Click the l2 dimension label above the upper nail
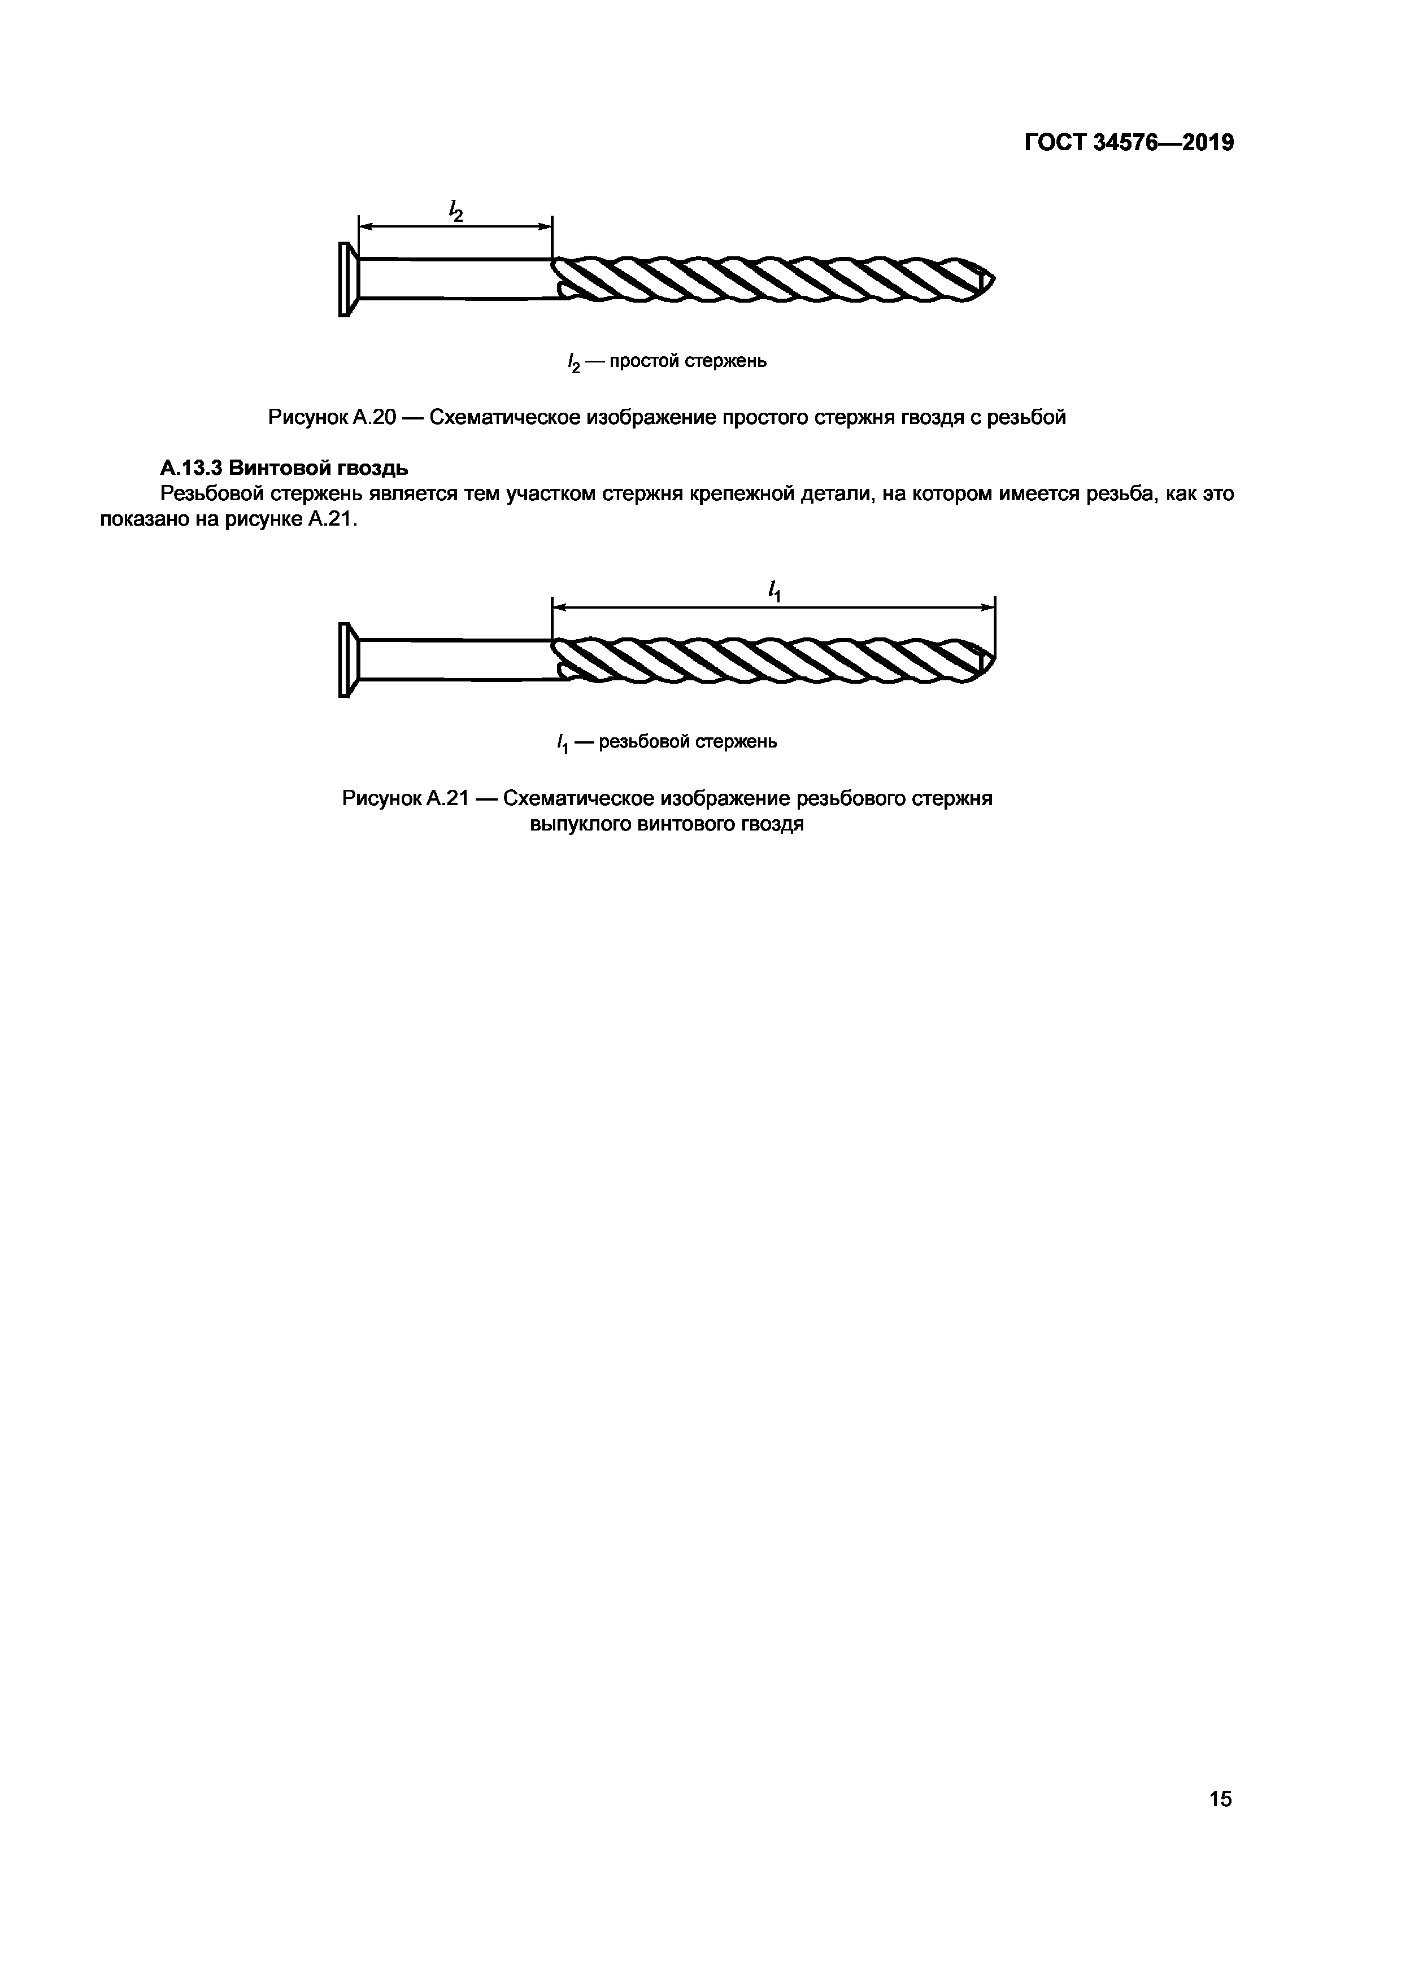click(455, 209)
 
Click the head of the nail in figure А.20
click(346, 279)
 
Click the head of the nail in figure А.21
click(346, 659)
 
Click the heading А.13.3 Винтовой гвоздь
click(284, 468)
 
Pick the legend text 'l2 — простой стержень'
click(666, 361)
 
